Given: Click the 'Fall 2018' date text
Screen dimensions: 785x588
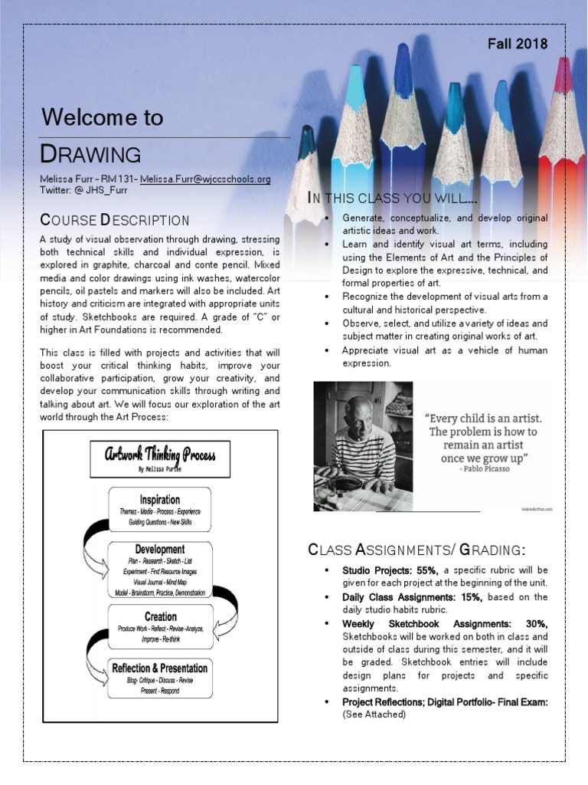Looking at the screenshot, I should pyautogui.click(x=518, y=44).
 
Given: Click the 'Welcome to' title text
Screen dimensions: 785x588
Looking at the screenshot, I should pyautogui.click(x=102, y=117).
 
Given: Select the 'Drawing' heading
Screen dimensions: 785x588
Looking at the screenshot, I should pyautogui.click(x=90, y=154).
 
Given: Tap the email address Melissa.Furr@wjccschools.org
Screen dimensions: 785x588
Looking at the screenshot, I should pyautogui.click(x=205, y=179).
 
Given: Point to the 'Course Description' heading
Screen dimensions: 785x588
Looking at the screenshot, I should pyautogui.click(x=114, y=221).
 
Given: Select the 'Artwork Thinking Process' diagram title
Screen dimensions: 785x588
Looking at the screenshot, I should pyautogui.click(x=160, y=456).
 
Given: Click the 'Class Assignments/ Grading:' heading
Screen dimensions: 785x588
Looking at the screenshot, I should pyautogui.click(x=416, y=550).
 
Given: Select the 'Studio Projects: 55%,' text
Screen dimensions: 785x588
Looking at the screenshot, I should pyautogui.click(x=390, y=570).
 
